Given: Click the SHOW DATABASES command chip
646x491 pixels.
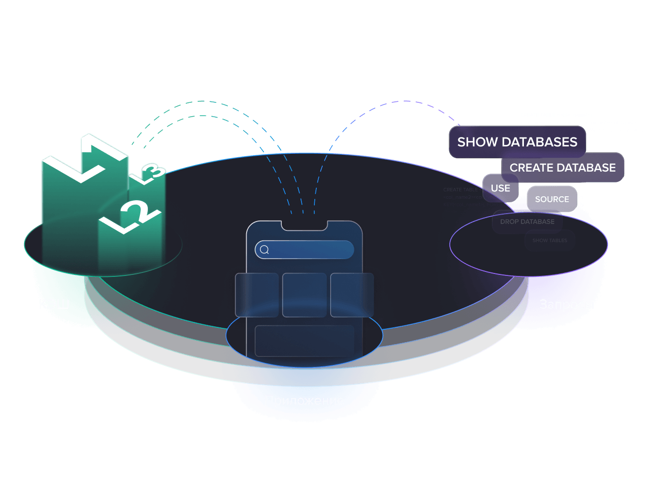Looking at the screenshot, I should [x=517, y=142].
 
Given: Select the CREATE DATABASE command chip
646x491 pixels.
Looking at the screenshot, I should [x=562, y=168].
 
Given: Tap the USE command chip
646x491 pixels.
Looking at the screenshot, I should [x=500, y=188].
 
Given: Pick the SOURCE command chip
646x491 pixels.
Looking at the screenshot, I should [x=552, y=199].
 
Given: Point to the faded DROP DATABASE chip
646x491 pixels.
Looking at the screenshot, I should [x=527, y=222].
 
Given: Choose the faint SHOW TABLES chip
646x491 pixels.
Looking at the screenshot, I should [x=550, y=241].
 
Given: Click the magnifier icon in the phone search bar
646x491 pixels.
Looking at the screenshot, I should [x=264, y=250].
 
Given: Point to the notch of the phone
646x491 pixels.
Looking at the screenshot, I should [x=304, y=225].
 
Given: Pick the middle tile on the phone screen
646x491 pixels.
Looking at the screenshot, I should [x=304, y=295].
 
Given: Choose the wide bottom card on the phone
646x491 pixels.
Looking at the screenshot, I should [x=304, y=341].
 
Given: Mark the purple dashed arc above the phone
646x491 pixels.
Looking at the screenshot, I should [x=405, y=101].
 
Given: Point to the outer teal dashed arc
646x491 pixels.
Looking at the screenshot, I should [x=200, y=101].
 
